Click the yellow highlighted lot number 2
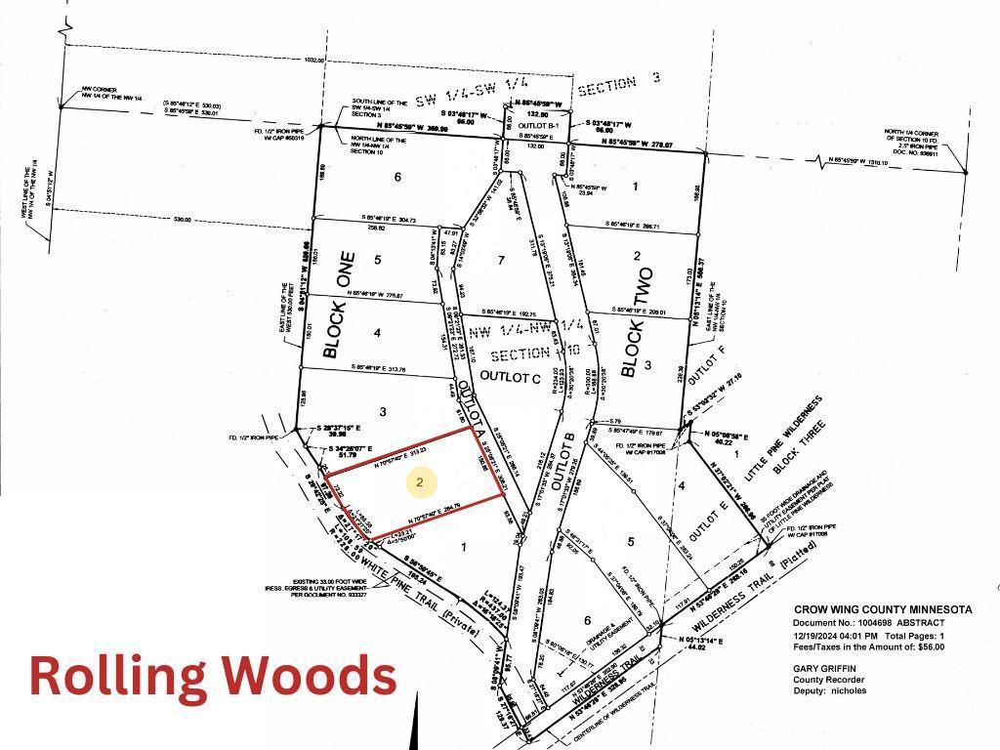click(420, 481)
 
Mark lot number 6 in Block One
click(397, 177)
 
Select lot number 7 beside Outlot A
click(501, 260)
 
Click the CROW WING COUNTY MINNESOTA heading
click(882, 609)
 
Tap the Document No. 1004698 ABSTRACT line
click(869, 622)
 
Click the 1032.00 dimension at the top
click(313, 60)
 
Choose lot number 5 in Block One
click(376, 260)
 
